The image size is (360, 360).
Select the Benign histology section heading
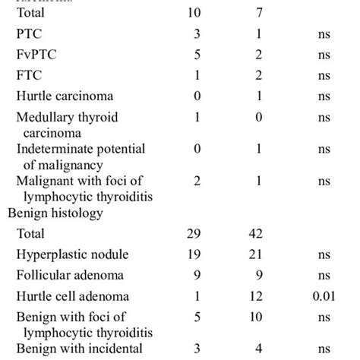pos(55,213)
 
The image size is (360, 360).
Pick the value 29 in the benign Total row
pos(197,234)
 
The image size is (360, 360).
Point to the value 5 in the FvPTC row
pos(197,55)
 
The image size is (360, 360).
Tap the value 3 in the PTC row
pos(197,34)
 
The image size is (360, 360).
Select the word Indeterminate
pos(52,149)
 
